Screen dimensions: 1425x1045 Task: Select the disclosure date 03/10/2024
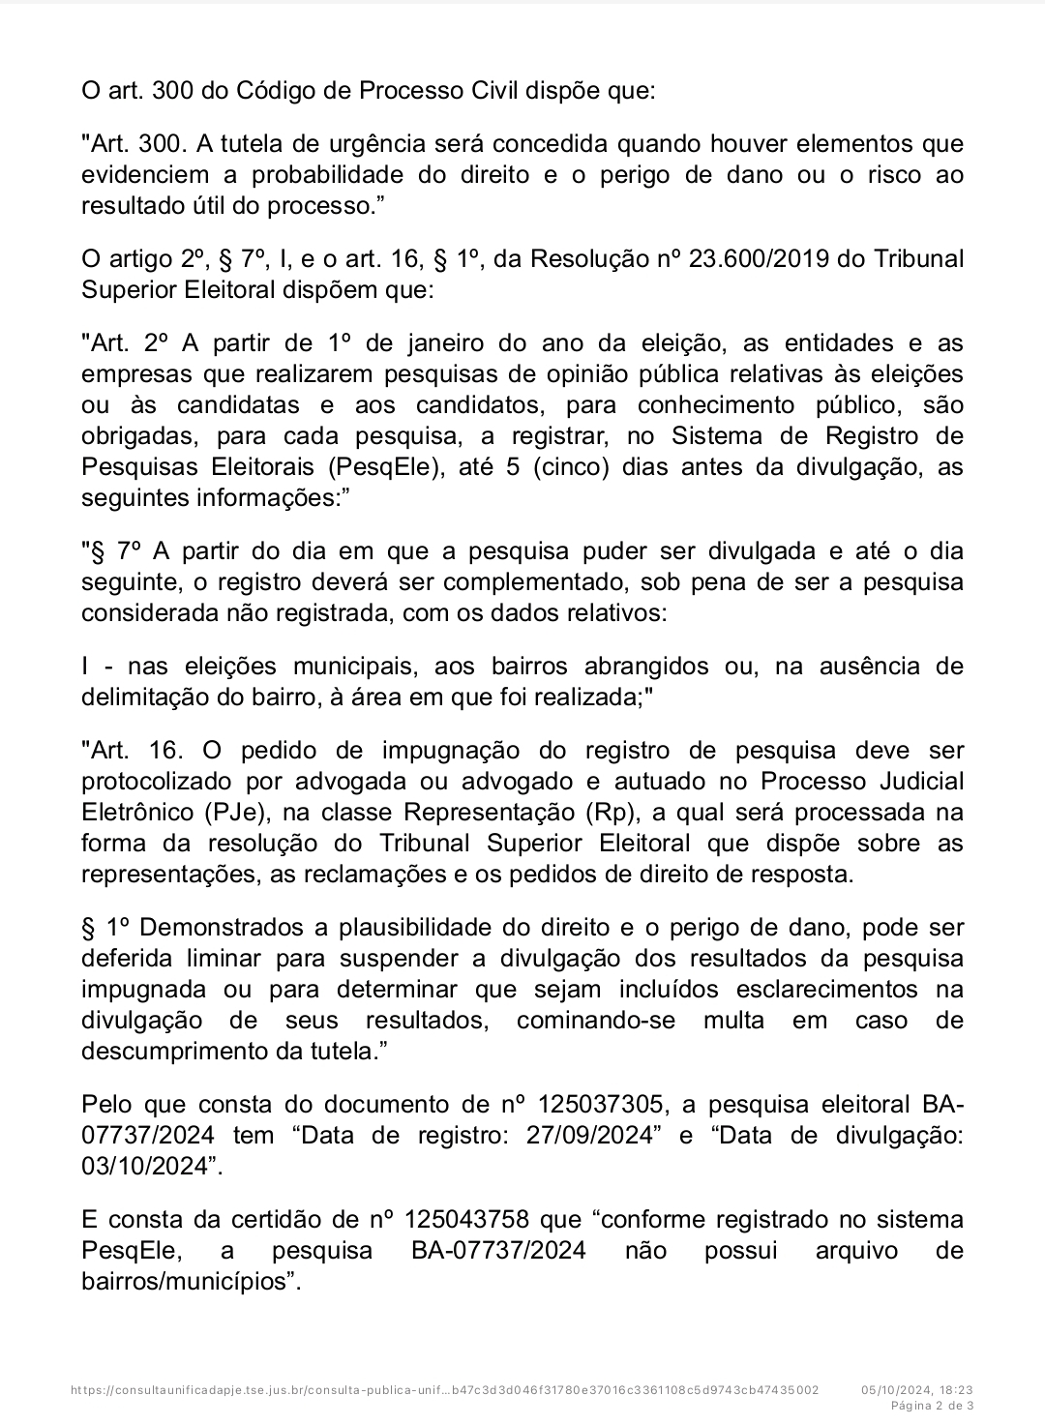(146, 1166)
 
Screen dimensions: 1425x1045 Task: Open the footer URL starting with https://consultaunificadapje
(445, 1389)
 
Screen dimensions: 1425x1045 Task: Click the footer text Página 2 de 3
(932, 1405)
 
